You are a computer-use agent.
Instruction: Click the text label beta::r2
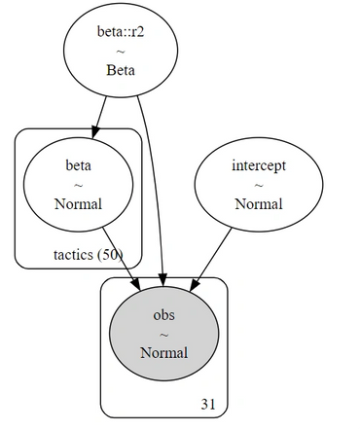tap(121, 32)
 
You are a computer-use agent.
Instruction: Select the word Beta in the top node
tap(121, 70)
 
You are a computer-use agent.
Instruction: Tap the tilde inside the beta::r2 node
tap(121, 52)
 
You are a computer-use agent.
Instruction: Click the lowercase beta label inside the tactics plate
tap(79, 166)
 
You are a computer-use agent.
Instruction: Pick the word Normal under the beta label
tap(79, 204)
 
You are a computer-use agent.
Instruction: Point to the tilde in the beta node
tap(79, 186)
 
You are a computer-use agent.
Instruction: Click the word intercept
tap(259, 166)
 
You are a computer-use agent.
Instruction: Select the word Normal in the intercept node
tap(259, 204)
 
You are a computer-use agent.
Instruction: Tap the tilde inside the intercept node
tap(259, 186)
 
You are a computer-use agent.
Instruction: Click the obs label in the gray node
tap(164, 315)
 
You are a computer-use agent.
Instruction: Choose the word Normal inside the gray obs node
tap(164, 353)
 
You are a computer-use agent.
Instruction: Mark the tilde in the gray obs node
tap(164, 335)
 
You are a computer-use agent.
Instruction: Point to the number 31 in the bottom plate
tap(208, 404)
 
